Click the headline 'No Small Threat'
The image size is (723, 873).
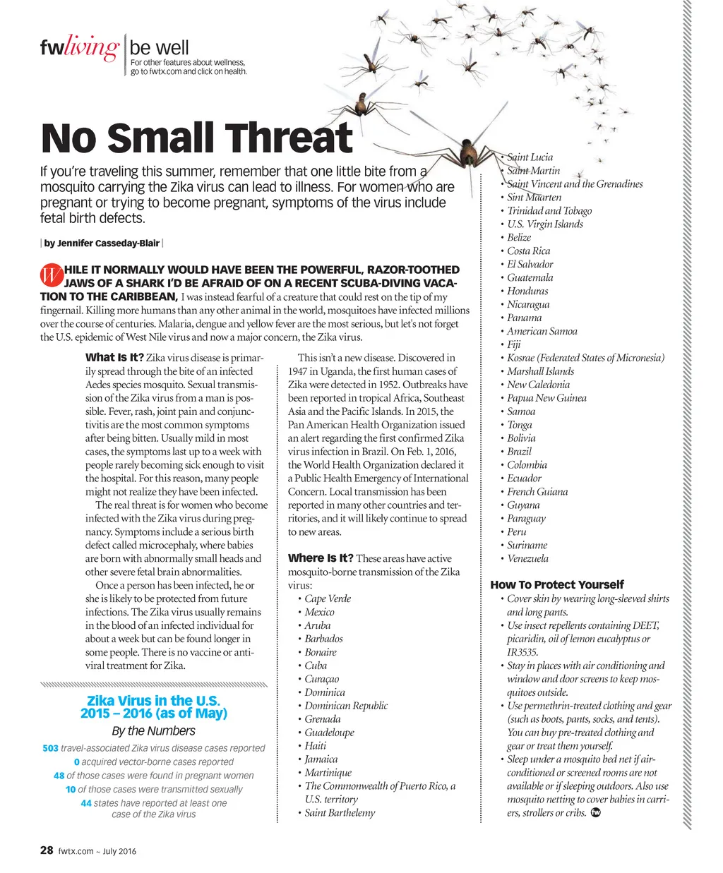(197, 138)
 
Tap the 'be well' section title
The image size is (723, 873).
(160, 48)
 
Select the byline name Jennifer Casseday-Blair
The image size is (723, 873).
(102, 243)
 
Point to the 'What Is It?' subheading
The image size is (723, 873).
(114, 358)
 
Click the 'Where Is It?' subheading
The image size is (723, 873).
(321, 558)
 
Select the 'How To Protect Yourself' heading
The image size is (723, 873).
(557, 584)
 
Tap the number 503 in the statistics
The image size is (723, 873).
(50, 748)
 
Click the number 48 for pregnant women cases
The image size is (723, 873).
(59, 776)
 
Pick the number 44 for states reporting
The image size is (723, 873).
(86, 803)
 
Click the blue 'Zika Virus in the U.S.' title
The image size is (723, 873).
(154, 701)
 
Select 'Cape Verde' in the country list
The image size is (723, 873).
(328, 598)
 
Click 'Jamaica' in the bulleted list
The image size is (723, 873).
(321, 759)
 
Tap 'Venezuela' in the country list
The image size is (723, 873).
(527, 558)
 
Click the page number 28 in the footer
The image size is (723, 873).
(47, 850)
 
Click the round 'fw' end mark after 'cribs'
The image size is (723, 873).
(594, 813)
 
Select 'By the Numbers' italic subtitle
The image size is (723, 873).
(154, 731)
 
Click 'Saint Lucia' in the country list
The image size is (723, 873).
(530, 157)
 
